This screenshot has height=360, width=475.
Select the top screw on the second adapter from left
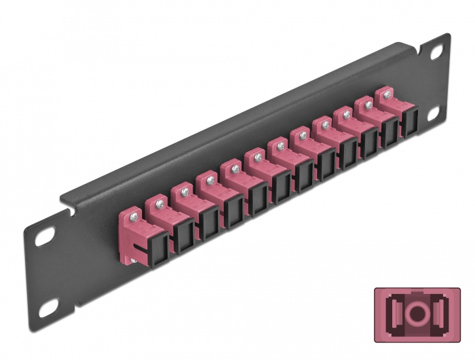(157, 202)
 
